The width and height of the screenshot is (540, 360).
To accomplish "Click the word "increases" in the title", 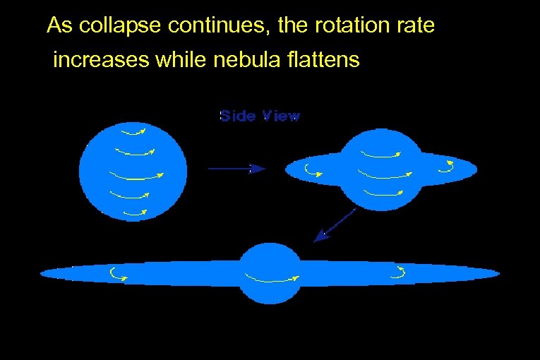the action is [101, 60].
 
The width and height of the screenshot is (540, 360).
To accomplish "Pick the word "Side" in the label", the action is [237, 116].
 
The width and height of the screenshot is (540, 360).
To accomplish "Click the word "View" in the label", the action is [282, 116].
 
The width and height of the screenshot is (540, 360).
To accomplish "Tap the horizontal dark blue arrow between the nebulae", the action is [236, 168].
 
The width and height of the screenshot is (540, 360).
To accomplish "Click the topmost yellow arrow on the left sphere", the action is [133, 131].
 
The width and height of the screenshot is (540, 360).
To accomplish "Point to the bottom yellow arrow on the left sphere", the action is [134, 212].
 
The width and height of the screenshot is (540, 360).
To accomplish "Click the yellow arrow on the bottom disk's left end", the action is [118, 274].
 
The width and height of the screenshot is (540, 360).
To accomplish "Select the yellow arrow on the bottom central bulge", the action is [272, 277].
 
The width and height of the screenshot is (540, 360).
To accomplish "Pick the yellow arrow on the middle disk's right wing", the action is [446, 167].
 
